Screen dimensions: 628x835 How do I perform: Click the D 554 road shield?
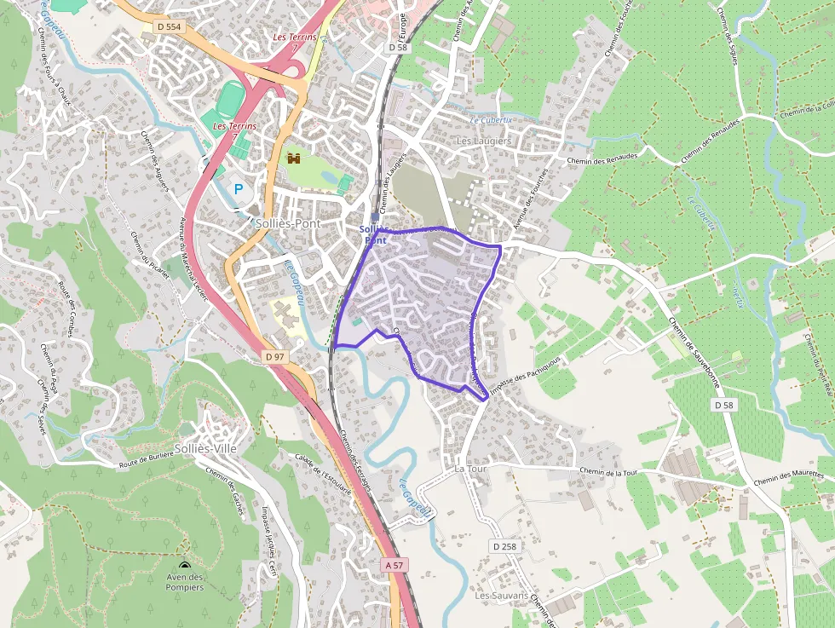[x=170, y=27]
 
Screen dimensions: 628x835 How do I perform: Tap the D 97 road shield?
[x=274, y=356]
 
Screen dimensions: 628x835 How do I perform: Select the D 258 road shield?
[x=504, y=545]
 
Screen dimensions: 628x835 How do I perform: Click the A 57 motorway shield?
[x=394, y=565]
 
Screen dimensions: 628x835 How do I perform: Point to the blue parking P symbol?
[x=239, y=190]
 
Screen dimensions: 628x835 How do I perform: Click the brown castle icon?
[x=295, y=158]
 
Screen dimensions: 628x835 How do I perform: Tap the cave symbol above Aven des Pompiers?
[x=185, y=566]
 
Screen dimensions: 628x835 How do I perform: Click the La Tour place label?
[x=469, y=469]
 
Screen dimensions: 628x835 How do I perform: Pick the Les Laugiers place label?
[x=484, y=141]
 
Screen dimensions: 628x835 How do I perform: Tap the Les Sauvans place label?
[x=503, y=596]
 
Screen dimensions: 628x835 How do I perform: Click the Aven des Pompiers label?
[x=185, y=582]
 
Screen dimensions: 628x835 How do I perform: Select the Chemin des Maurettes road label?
[x=788, y=478]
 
